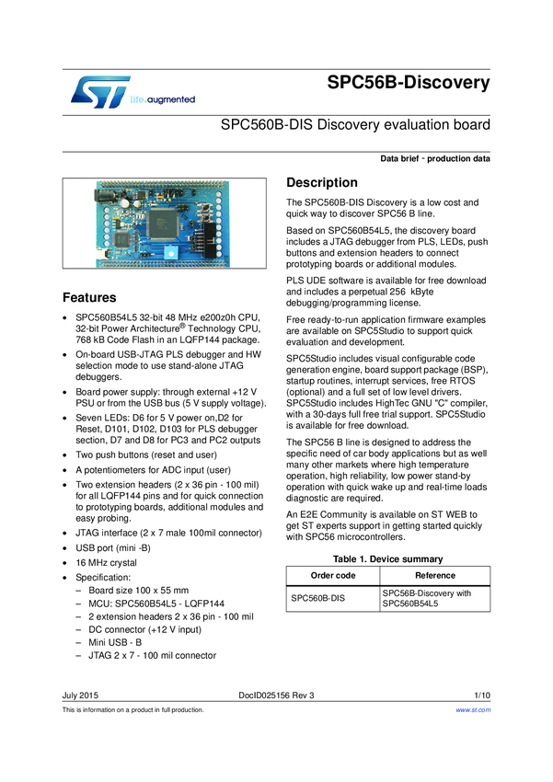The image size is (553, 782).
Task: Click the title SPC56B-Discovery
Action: coord(409,83)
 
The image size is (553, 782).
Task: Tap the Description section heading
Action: coord(322,182)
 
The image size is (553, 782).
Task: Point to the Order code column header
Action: coord(332,575)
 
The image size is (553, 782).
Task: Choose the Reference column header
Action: coord(434,575)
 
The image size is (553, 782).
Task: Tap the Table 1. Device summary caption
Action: coord(387,559)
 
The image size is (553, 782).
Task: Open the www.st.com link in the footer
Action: coord(473,710)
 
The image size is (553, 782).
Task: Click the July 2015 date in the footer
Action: coord(81,695)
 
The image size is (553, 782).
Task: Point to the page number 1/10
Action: coord(482,695)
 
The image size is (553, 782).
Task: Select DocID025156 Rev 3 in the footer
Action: coord(275,695)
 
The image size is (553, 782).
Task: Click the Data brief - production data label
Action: coord(434,159)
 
